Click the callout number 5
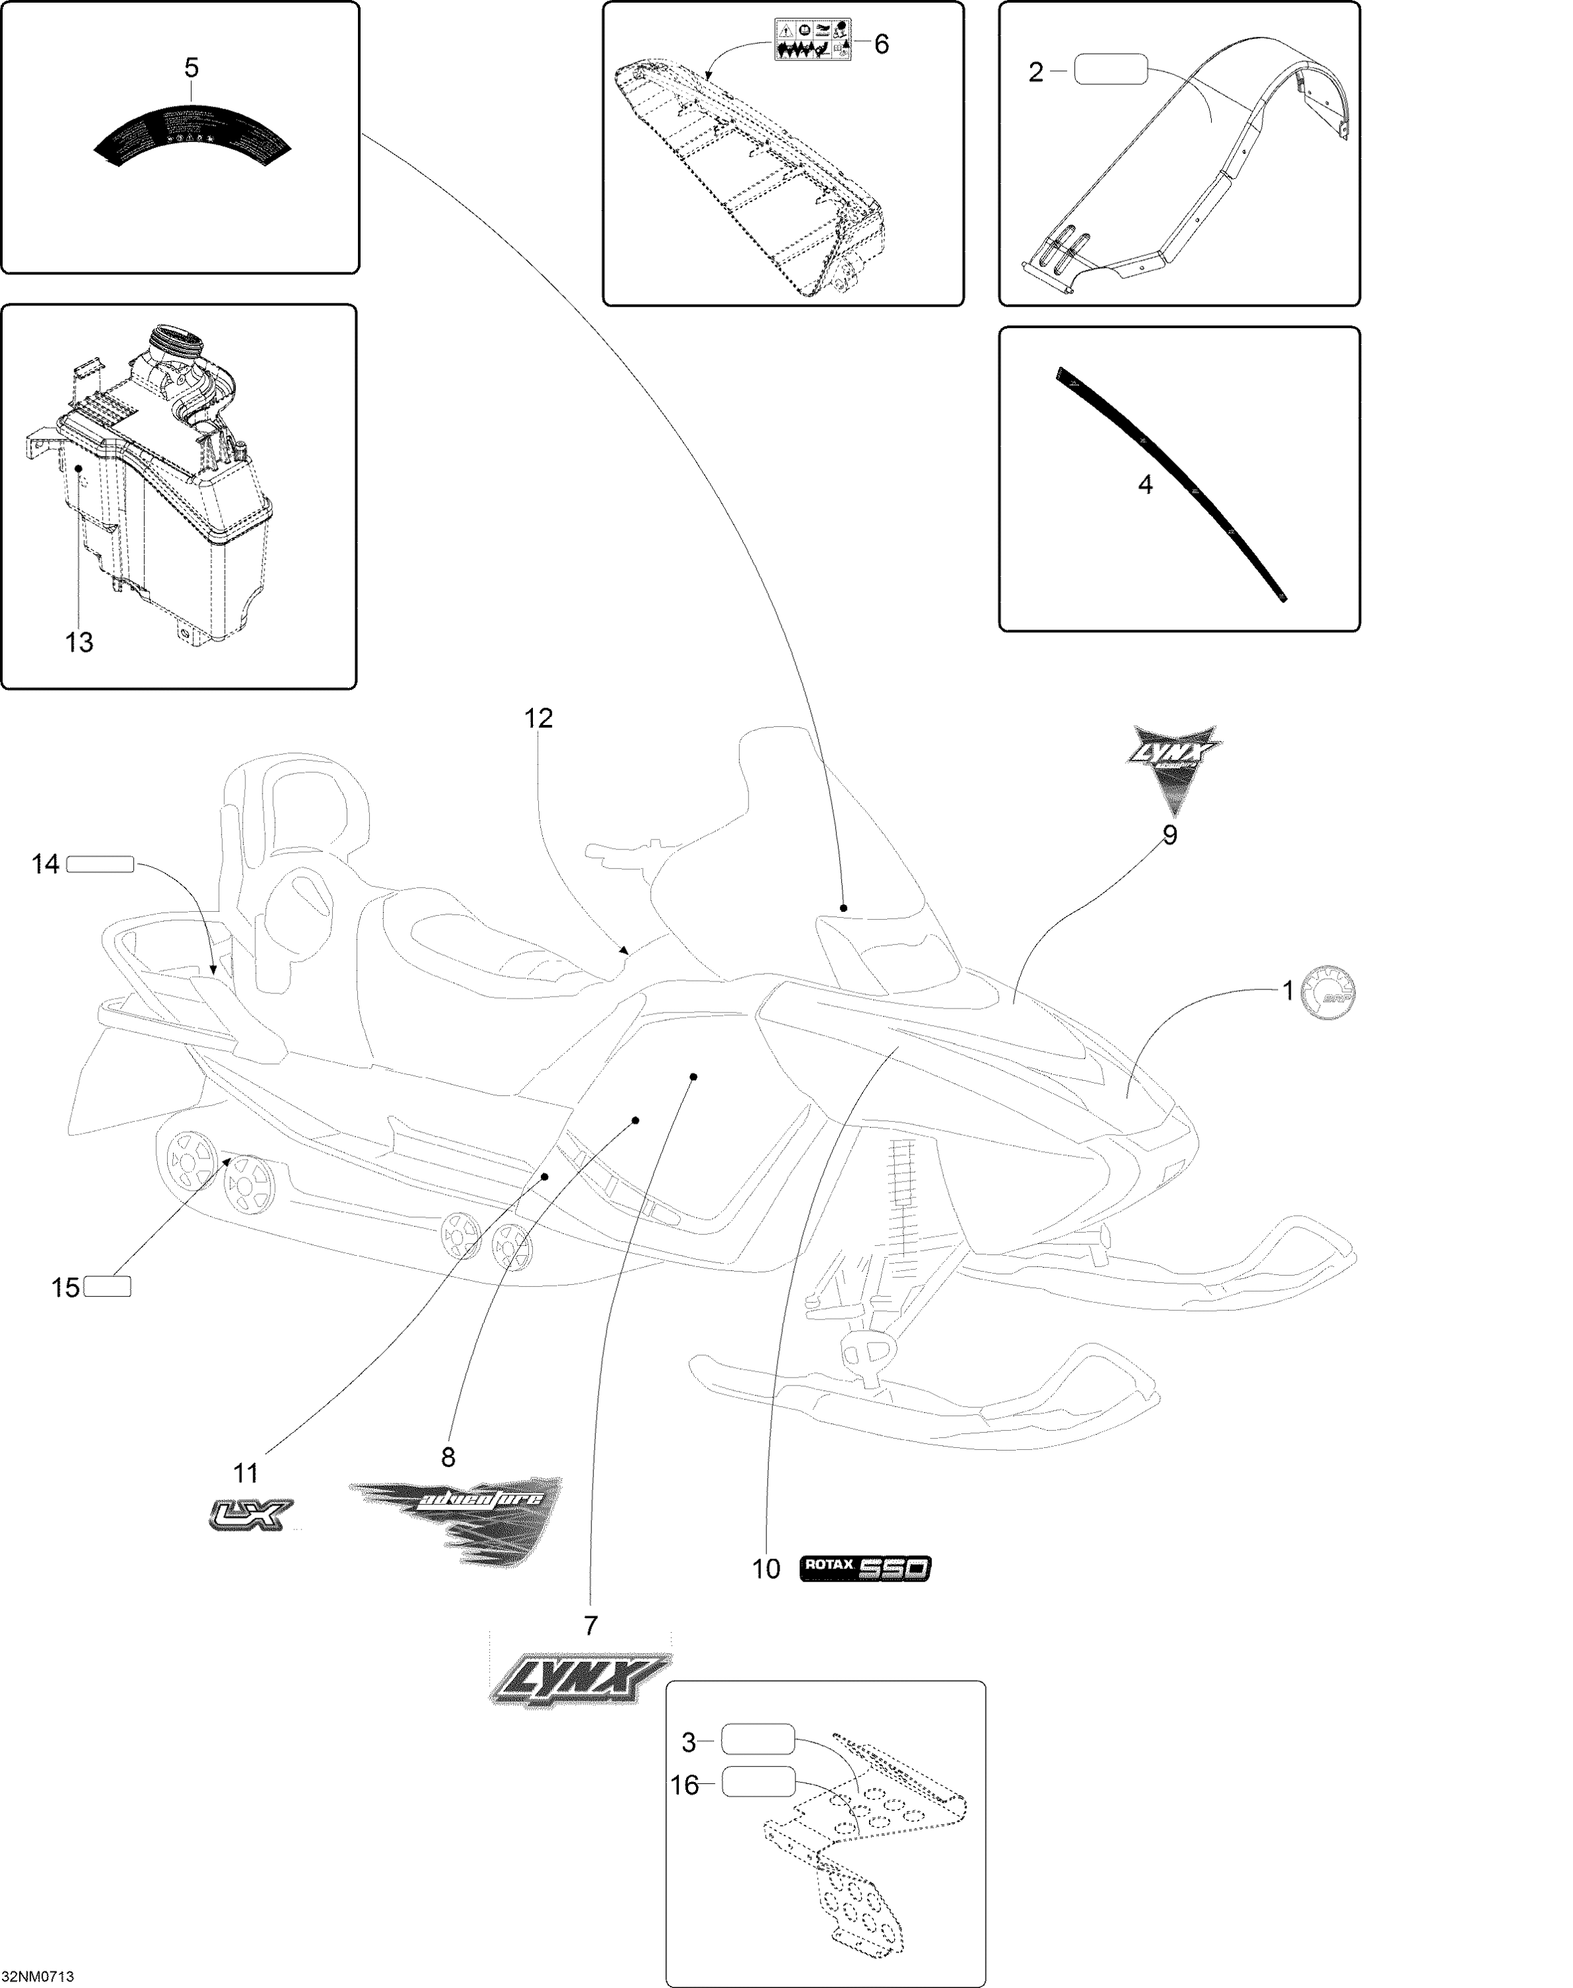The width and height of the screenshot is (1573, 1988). pos(192,68)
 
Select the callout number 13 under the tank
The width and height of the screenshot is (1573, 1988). pos(79,643)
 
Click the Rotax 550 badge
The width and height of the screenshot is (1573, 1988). pos(866,1568)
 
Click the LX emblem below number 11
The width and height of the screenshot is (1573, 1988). pos(251,1515)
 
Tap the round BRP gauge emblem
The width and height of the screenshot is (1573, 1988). pos(1327,993)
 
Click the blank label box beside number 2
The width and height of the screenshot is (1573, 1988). pos(1111,70)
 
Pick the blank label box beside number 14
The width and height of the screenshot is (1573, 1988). pos(100,863)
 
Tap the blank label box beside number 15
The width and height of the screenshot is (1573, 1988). pos(107,1286)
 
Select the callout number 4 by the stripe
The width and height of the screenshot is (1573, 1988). pos(1145,484)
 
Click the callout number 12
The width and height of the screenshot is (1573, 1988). pos(539,718)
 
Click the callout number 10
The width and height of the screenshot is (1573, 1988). pos(766,1569)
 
